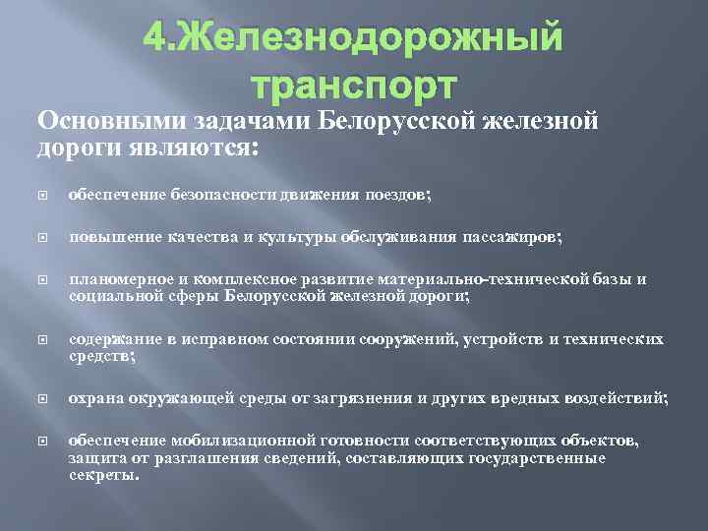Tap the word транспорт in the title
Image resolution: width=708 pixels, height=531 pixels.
(x=354, y=86)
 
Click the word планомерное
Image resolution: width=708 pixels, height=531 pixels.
(x=112, y=279)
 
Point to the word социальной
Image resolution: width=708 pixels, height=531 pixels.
(x=107, y=295)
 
